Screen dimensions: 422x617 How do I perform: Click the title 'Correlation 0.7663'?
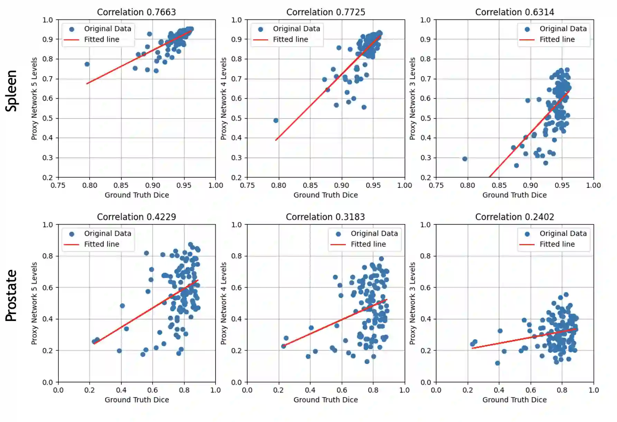(x=136, y=12)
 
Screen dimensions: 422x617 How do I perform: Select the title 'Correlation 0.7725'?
(x=325, y=12)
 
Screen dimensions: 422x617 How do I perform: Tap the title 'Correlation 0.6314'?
(x=514, y=12)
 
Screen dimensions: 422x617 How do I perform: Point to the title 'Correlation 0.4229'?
(x=136, y=217)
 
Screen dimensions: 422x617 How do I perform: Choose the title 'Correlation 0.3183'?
(x=325, y=217)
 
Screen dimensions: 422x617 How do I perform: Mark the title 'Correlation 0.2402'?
(x=514, y=217)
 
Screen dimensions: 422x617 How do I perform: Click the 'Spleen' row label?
(x=11, y=91)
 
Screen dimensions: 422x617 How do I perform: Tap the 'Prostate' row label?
(x=11, y=296)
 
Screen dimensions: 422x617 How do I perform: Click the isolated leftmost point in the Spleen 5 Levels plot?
(x=87, y=64)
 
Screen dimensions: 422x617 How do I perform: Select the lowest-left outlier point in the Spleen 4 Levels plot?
(x=276, y=120)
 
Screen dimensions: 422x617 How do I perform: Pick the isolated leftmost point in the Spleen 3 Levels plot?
(x=464, y=159)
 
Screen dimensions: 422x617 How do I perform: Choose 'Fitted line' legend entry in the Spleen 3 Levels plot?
(x=557, y=39)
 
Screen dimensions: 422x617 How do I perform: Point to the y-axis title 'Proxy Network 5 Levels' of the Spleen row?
(x=34, y=99)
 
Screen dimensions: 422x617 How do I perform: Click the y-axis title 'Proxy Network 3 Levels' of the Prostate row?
(x=412, y=303)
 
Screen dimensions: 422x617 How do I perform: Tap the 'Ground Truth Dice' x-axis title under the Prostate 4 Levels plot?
(x=325, y=400)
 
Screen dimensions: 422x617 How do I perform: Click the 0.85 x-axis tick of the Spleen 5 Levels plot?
(x=121, y=185)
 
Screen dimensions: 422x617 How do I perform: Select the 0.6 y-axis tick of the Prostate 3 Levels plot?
(x=425, y=287)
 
